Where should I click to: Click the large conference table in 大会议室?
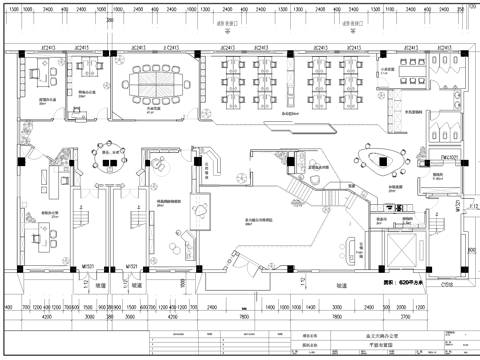[154, 81]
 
